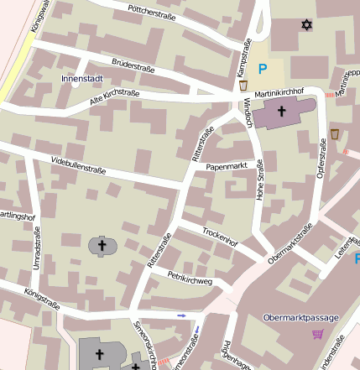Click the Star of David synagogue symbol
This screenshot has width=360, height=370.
tap(306, 25)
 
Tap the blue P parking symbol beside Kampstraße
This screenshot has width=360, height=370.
tap(263, 70)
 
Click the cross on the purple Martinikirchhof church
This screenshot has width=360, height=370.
tap(282, 111)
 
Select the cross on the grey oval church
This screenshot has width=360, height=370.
tap(103, 245)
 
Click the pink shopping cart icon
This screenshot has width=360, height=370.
tap(317, 334)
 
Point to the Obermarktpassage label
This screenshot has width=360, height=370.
tap(300, 318)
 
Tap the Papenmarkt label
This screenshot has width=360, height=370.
tap(227, 166)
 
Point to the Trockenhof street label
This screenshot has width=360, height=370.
tap(221, 236)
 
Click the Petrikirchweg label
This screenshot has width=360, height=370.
tap(190, 278)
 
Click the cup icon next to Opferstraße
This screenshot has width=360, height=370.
tap(334, 134)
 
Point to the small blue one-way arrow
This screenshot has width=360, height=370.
tap(182, 315)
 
